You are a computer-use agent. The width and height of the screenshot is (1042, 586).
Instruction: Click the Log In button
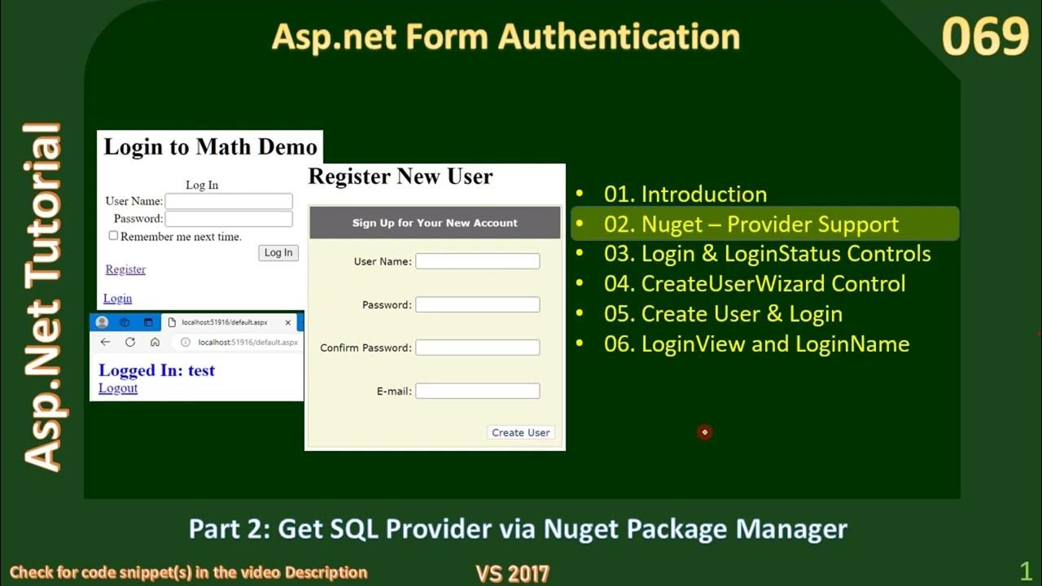click(278, 253)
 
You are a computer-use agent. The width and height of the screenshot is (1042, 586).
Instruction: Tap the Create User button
click(521, 432)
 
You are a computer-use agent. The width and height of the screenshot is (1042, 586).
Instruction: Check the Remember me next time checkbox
click(114, 236)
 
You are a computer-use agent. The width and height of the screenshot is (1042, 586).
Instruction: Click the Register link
click(125, 269)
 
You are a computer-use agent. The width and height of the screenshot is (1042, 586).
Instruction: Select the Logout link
click(118, 388)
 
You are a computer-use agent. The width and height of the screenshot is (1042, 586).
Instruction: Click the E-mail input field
click(477, 391)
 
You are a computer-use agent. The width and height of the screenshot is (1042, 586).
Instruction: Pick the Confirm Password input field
click(477, 348)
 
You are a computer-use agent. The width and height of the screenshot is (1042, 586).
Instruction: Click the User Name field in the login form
click(229, 201)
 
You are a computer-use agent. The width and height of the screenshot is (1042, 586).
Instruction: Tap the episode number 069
click(985, 37)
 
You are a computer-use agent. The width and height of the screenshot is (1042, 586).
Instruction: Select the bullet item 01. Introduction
click(685, 195)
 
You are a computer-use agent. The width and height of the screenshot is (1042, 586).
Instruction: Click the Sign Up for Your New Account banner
click(435, 223)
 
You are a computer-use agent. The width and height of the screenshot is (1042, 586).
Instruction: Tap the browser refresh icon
click(129, 343)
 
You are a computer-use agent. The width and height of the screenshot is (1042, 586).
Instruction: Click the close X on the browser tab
click(288, 322)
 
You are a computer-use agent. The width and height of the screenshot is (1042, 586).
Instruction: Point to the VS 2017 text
click(512, 573)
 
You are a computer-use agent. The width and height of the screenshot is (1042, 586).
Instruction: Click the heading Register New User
click(401, 177)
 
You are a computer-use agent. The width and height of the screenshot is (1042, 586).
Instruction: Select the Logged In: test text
click(156, 370)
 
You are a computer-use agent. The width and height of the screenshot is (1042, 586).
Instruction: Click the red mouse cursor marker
click(705, 432)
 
